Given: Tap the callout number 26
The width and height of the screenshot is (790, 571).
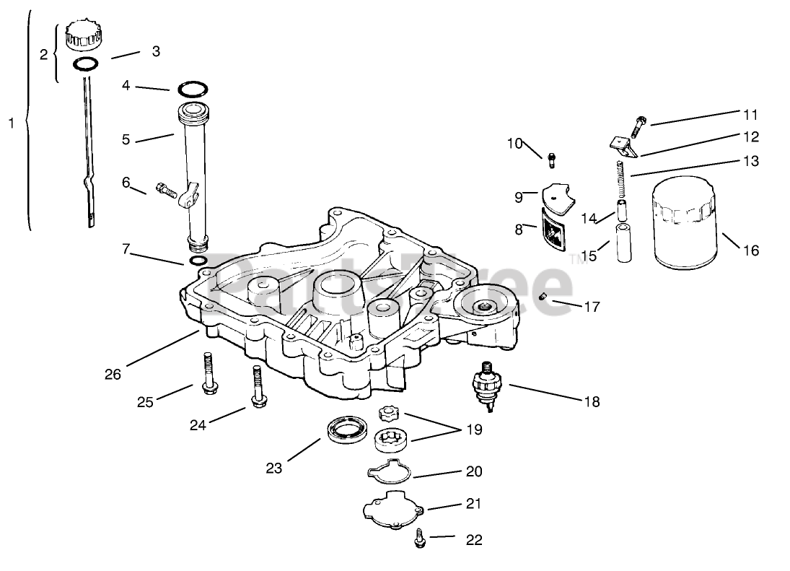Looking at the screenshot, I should (x=113, y=373).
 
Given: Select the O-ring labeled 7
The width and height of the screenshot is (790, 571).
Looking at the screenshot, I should (x=198, y=260).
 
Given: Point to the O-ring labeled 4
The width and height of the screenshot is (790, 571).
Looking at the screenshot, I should (x=193, y=90).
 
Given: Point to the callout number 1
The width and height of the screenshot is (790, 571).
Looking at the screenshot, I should (x=11, y=123).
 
